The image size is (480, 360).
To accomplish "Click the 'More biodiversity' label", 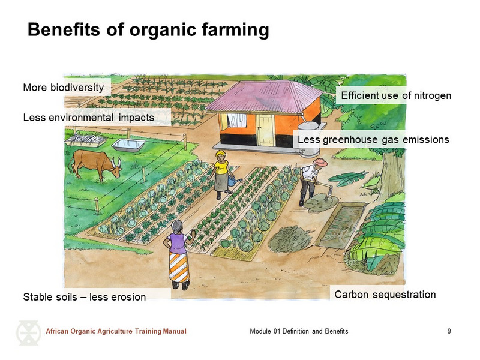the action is pyautogui.click(x=64, y=88).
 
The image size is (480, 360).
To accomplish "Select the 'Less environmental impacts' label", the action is pyautogui.click(x=89, y=118).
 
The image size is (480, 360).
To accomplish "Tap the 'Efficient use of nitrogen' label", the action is pyautogui.click(x=396, y=95).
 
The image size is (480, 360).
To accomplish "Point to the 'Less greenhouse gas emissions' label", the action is pyautogui.click(x=373, y=140).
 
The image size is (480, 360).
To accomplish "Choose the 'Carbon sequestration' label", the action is pyautogui.click(x=385, y=295).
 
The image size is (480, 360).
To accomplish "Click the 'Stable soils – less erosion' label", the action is pyautogui.click(x=85, y=297).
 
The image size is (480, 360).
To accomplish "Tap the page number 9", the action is pyautogui.click(x=449, y=331).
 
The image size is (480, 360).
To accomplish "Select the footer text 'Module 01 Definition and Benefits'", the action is pyautogui.click(x=299, y=331).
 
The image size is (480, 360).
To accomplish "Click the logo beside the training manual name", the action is pyautogui.click(x=28, y=333).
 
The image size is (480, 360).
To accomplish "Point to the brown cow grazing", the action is pyautogui.click(x=95, y=164).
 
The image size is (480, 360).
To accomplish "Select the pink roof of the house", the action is pyautogui.click(x=264, y=97).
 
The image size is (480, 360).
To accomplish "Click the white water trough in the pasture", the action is pyautogui.click(x=128, y=145).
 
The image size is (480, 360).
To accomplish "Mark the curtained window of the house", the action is pyautogui.click(x=236, y=121).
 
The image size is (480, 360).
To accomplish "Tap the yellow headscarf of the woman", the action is pyautogui.click(x=220, y=153).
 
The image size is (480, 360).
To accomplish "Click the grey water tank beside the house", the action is pyautogui.click(x=309, y=139).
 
